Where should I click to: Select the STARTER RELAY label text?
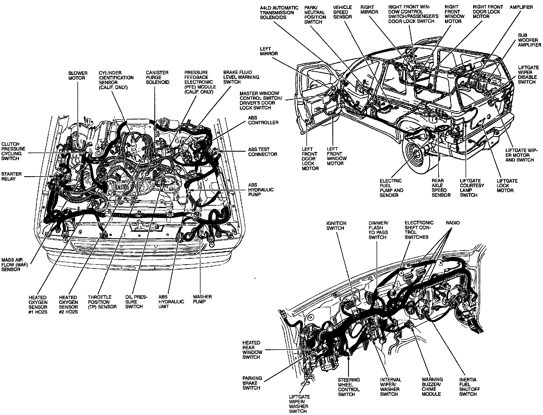pyautogui.click(x=11, y=176)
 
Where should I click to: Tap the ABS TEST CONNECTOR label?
pyautogui.click(x=262, y=152)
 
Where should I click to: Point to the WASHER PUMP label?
pyautogui.click(x=202, y=299)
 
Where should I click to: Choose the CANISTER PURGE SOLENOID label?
pyautogui.click(x=157, y=78)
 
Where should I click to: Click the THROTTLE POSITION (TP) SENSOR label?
pyautogui.click(x=102, y=302)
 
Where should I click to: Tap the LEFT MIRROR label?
pyautogui.click(x=269, y=51)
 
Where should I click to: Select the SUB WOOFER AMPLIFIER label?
pyautogui.click(x=529, y=40)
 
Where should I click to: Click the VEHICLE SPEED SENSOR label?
pyautogui.click(x=342, y=12)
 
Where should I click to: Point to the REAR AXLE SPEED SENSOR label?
pyautogui.click(x=441, y=188)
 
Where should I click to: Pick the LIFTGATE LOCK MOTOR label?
pyautogui.click(x=507, y=186)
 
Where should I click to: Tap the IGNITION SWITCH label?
pyautogui.click(x=336, y=226)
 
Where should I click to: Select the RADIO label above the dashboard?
pyautogui.click(x=452, y=223)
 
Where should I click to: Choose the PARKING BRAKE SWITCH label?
pyautogui.click(x=252, y=383)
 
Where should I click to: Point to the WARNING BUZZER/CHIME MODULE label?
pyautogui.click(x=432, y=387)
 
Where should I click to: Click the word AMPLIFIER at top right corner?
pyautogui.click(x=521, y=7)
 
